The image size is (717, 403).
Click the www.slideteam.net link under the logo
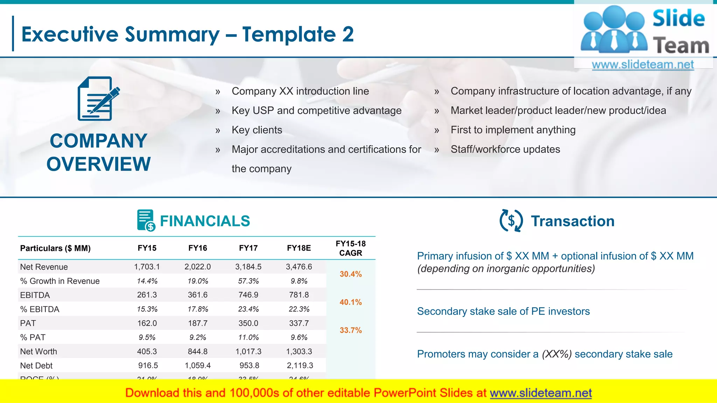point(643,65)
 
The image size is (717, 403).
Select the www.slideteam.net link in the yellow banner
point(541,393)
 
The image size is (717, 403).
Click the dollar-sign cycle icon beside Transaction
point(511,221)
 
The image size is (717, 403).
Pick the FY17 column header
point(248,248)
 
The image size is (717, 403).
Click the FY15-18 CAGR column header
point(350,248)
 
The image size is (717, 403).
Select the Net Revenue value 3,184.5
point(248,267)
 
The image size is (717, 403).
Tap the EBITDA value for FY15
point(147,295)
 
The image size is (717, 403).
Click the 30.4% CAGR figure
point(350,274)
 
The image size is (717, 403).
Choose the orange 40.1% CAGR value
point(350,302)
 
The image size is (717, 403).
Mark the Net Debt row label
point(36,366)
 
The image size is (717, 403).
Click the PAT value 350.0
point(248,323)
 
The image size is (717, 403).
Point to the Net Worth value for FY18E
point(299,351)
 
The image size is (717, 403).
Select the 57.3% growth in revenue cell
point(248,281)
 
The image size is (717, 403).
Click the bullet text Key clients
point(257,130)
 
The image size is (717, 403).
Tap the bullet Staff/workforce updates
point(505,149)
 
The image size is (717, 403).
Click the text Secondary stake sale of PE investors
point(503,311)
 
